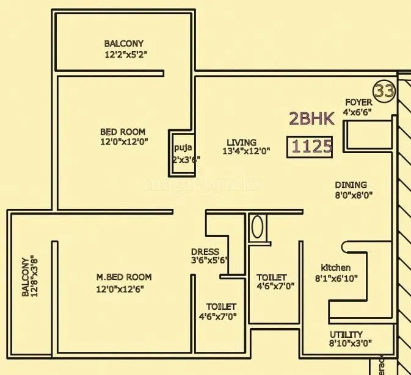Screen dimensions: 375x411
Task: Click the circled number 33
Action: [x=385, y=91]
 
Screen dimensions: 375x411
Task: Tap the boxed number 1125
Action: [x=311, y=147]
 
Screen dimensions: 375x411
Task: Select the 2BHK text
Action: [x=311, y=118]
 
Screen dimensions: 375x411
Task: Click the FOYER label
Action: [x=358, y=102]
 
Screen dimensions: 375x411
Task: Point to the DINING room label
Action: [x=351, y=185]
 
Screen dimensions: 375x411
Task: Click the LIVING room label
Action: [x=239, y=143]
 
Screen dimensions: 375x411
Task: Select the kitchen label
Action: [x=336, y=268]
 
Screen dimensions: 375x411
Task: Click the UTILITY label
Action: [x=346, y=334]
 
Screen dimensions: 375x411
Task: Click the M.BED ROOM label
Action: [x=124, y=277]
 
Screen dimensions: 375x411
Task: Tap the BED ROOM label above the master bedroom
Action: [x=123, y=132]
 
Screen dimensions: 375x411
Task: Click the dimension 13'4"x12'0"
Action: [x=247, y=152]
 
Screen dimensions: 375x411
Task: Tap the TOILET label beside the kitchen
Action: [x=271, y=277]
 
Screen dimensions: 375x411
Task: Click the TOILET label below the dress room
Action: [x=221, y=306]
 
